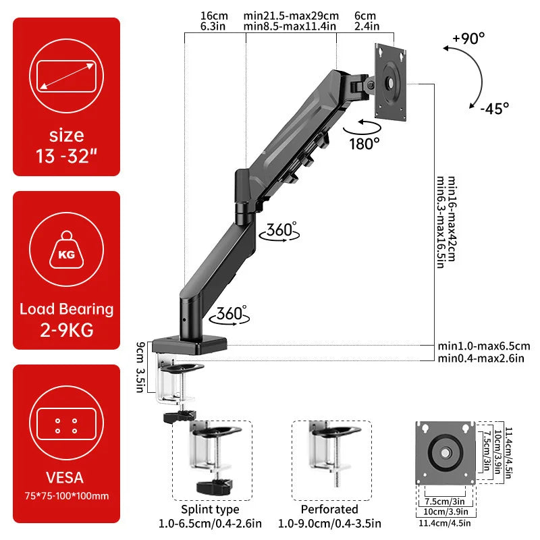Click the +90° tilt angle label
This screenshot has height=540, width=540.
pyautogui.click(x=468, y=38)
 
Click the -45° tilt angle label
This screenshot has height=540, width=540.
pyautogui.click(x=495, y=107)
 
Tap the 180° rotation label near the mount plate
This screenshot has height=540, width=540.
pyautogui.click(x=364, y=143)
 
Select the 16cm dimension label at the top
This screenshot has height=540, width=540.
pyautogui.click(x=214, y=16)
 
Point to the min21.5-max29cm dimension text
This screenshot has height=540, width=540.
pyautogui.click(x=291, y=16)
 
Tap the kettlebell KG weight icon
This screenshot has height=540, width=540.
pyautogui.click(x=66, y=254)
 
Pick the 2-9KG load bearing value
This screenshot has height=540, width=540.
pyautogui.click(x=66, y=331)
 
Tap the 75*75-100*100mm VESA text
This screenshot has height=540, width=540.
pyautogui.click(x=66, y=496)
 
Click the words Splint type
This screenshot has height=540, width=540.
pyautogui.click(x=210, y=509)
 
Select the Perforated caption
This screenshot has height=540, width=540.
pyautogui.click(x=329, y=509)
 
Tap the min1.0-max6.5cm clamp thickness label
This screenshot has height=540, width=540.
pyautogui.click(x=483, y=346)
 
